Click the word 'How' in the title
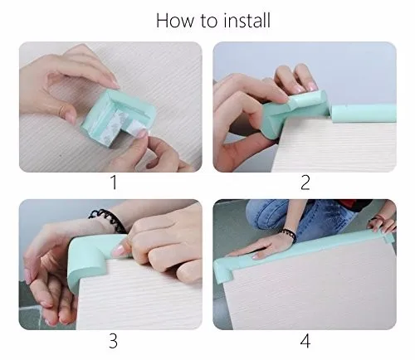click(x=175, y=20)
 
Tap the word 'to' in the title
click(x=207, y=20)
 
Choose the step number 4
click(x=305, y=340)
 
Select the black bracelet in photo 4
click(x=289, y=235)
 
